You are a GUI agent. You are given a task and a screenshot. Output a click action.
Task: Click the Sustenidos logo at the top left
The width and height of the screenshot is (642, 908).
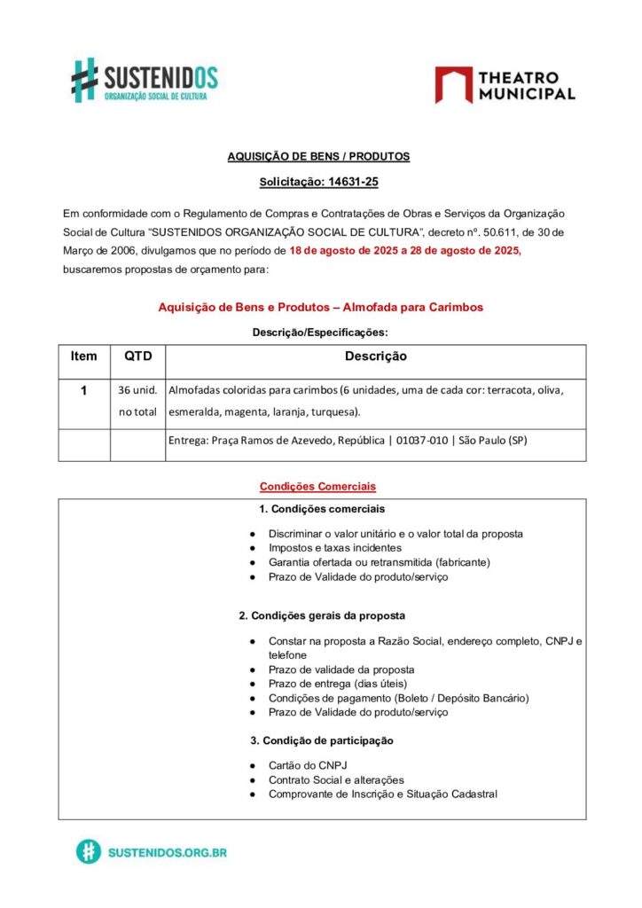(145, 80)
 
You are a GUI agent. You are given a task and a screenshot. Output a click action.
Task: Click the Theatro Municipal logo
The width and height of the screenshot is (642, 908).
(505, 85)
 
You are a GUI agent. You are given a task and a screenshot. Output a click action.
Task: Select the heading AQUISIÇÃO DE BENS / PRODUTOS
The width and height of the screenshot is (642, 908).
(318, 156)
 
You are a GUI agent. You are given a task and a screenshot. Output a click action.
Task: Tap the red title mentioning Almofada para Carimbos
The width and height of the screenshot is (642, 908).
(320, 307)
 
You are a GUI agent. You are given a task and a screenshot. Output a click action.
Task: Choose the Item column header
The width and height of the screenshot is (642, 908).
(84, 356)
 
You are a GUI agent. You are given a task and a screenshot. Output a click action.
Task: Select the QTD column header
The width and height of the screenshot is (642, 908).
(137, 356)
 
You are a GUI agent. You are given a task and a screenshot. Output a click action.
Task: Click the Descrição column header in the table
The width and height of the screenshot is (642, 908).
(375, 356)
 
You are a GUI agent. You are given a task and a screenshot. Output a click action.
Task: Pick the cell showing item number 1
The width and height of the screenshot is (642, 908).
(84, 390)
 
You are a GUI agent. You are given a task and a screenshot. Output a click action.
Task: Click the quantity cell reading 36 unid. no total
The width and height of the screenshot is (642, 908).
(137, 401)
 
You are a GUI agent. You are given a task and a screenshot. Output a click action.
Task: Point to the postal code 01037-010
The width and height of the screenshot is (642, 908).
(420, 442)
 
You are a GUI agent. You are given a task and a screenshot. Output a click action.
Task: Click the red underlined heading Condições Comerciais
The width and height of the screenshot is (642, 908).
(317, 487)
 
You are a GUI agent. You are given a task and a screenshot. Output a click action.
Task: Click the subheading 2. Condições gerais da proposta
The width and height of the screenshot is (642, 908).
(322, 615)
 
